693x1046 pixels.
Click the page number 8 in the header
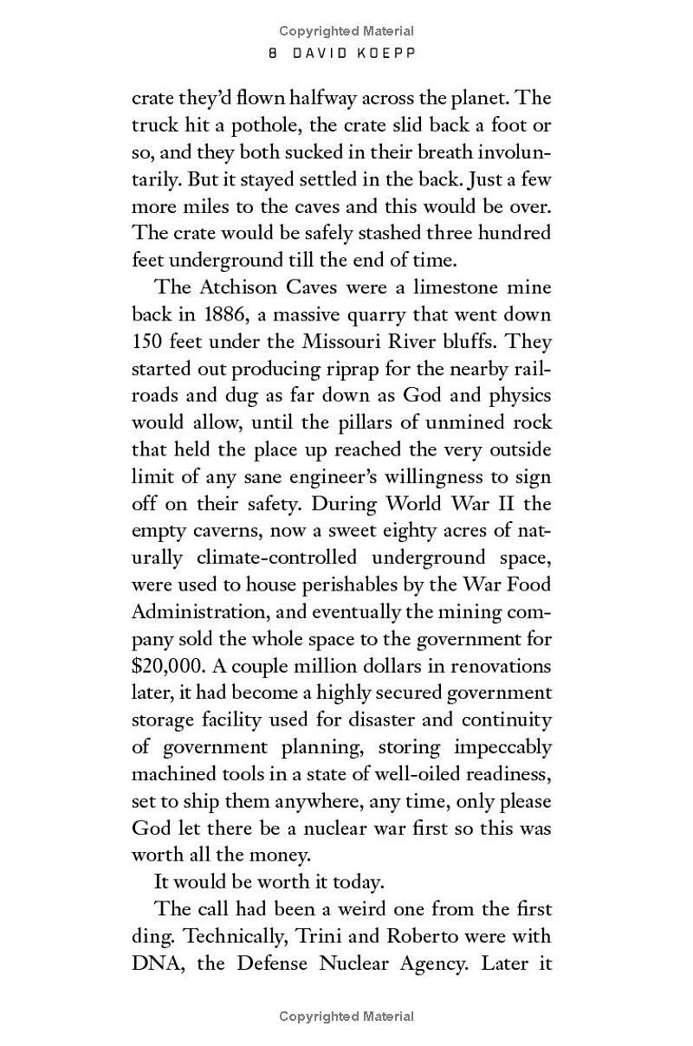tap(273, 53)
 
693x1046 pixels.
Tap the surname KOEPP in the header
tap(387, 53)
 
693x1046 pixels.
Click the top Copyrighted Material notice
tap(346, 31)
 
